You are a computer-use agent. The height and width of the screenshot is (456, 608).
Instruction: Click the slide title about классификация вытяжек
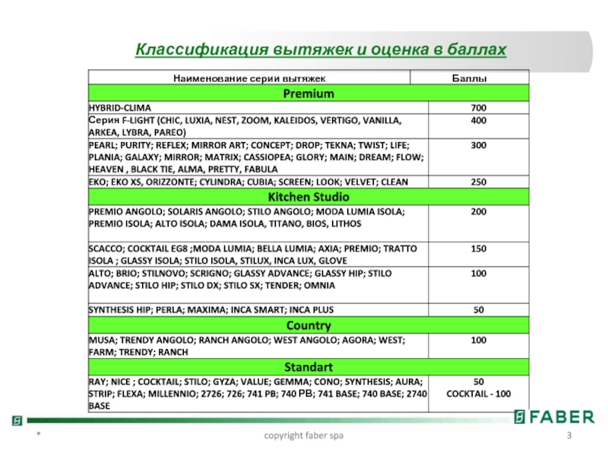pyautogui.click(x=320, y=49)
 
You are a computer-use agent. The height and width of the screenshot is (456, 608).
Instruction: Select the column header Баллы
pyautogui.click(x=469, y=78)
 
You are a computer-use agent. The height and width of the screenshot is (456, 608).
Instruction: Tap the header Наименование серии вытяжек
pyautogui.click(x=249, y=78)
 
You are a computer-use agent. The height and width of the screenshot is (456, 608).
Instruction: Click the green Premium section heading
pyautogui.click(x=309, y=93)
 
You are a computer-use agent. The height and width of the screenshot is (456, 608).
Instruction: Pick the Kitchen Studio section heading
pyautogui.click(x=309, y=197)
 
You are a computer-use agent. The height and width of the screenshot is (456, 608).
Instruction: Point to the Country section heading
pyautogui.click(x=309, y=325)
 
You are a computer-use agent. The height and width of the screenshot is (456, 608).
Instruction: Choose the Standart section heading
pyautogui.click(x=309, y=367)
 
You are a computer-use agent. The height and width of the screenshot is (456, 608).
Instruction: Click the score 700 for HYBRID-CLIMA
pyautogui.click(x=479, y=108)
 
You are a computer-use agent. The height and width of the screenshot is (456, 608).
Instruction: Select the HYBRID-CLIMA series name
pyautogui.click(x=119, y=108)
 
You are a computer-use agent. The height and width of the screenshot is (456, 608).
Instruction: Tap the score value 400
pyautogui.click(x=479, y=121)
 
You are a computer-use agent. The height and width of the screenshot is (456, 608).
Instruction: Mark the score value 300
pyautogui.click(x=479, y=144)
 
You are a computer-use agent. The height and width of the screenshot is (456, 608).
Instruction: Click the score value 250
pyautogui.click(x=479, y=182)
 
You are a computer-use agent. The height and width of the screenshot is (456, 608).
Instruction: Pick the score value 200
pyautogui.click(x=479, y=211)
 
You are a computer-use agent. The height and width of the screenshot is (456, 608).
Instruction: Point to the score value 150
pyautogui.click(x=479, y=248)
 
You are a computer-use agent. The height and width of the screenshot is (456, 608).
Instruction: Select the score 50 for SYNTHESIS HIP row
pyautogui.click(x=479, y=310)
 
